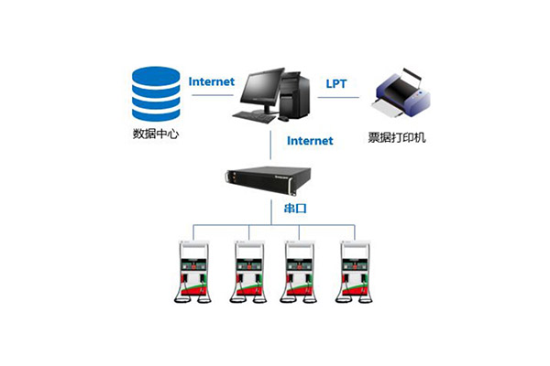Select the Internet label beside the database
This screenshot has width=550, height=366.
coord(212,81)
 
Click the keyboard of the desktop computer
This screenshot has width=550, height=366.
coord(254,116)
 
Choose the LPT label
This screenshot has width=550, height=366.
coord(337,83)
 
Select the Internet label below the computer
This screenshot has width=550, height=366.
coord(310,141)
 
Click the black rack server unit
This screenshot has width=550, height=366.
coord(275,179)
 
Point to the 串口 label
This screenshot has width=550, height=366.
coord(295,209)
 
